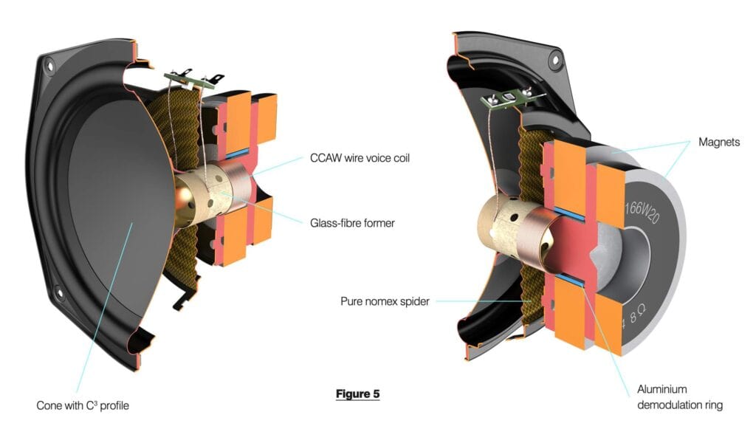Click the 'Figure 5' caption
click(357, 394)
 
